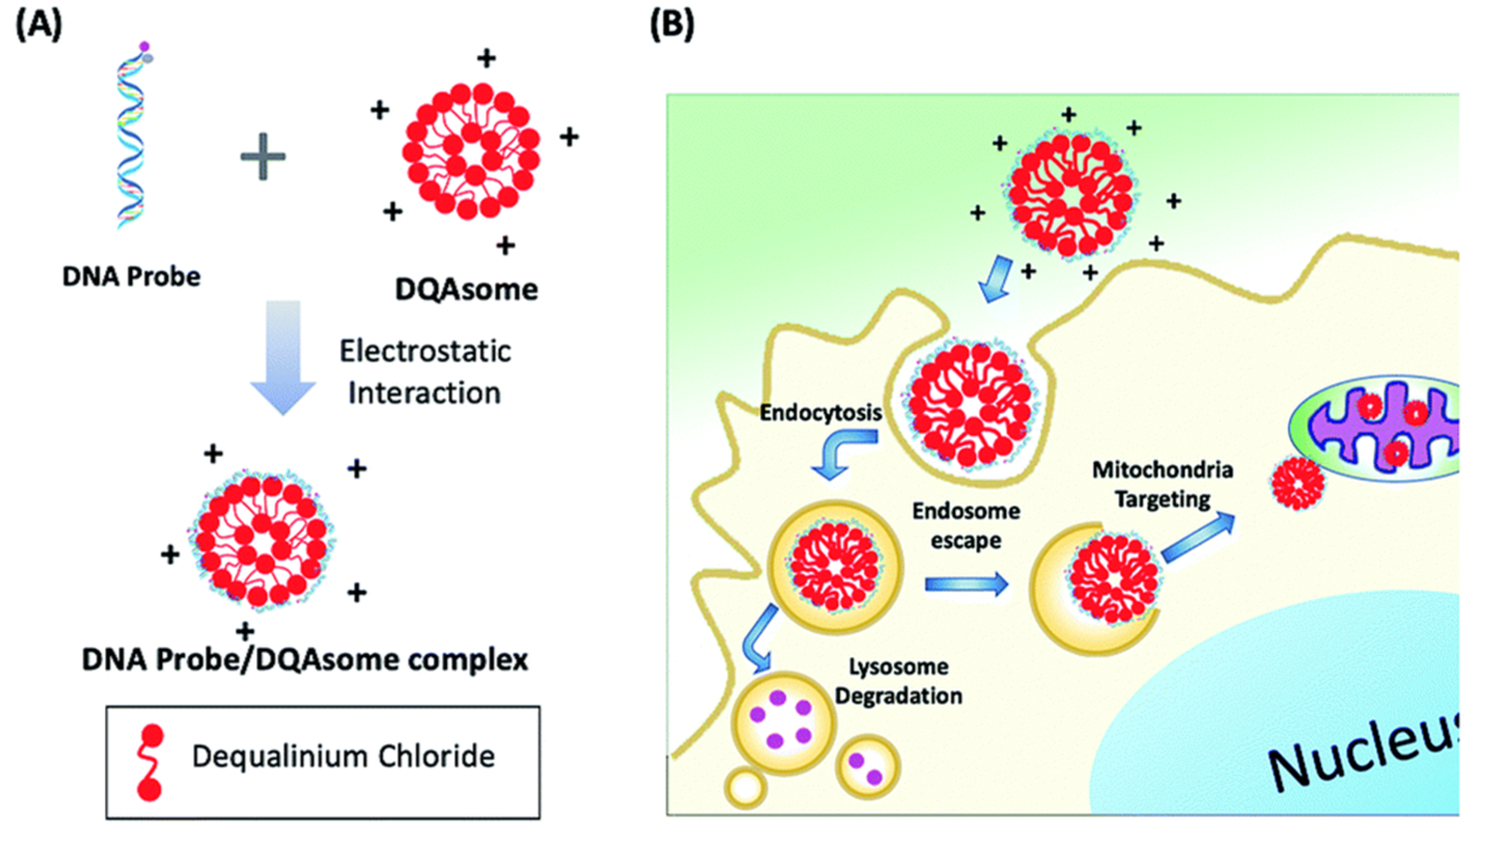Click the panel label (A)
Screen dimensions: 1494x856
coord(38,26)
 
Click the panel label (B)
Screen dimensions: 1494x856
coord(672,26)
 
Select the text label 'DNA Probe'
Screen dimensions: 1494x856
coord(131,276)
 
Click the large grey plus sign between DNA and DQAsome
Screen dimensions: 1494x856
coord(263,156)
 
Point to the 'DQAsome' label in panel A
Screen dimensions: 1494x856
coord(467,289)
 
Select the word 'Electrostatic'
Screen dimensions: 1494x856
coord(425,351)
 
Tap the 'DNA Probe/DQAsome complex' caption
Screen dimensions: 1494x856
coord(305,660)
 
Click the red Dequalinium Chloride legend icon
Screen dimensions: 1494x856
coord(150,763)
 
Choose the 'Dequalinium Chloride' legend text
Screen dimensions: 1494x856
coord(344,757)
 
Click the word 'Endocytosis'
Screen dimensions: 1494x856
coord(821,412)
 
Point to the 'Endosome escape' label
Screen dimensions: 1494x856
coord(966,525)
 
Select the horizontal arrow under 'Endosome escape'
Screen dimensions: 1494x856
coord(967,584)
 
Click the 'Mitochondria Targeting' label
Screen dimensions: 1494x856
coord(1162,484)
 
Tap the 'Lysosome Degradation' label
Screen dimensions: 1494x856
coord(899,681)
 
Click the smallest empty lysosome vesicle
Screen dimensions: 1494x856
coord(746,788)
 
